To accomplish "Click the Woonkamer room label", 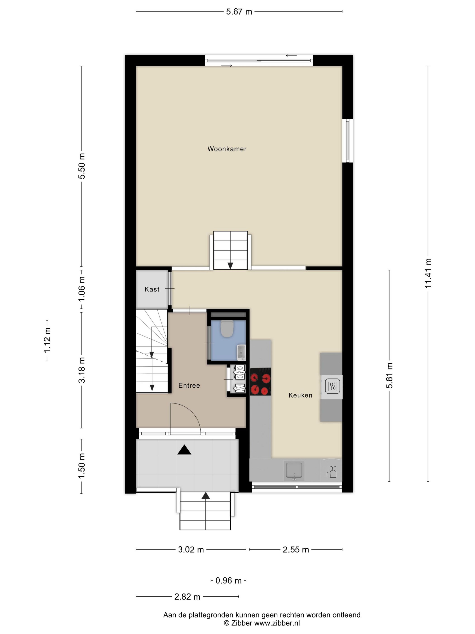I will (227, 149).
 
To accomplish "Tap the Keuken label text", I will (300, 395).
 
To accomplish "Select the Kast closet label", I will (152, 289).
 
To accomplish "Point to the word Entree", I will (189, 386).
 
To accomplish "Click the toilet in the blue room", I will (227, 329).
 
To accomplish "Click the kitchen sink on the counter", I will (294, 470).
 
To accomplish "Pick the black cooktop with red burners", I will (260, 382).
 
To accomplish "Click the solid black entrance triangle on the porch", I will (184, 450).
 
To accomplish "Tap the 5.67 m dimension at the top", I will (239, 12).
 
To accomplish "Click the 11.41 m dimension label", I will (428, 273).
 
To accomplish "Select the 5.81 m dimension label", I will (389, 375).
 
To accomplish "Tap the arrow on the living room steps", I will (230, 265).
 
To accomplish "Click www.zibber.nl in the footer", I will (277, 623).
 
